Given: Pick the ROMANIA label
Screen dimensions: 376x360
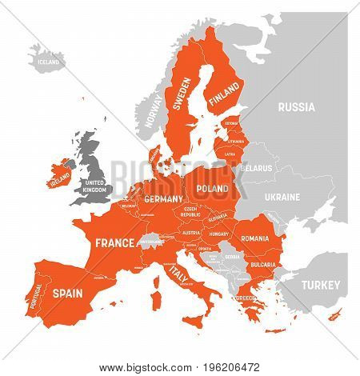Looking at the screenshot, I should pos(254,238).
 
